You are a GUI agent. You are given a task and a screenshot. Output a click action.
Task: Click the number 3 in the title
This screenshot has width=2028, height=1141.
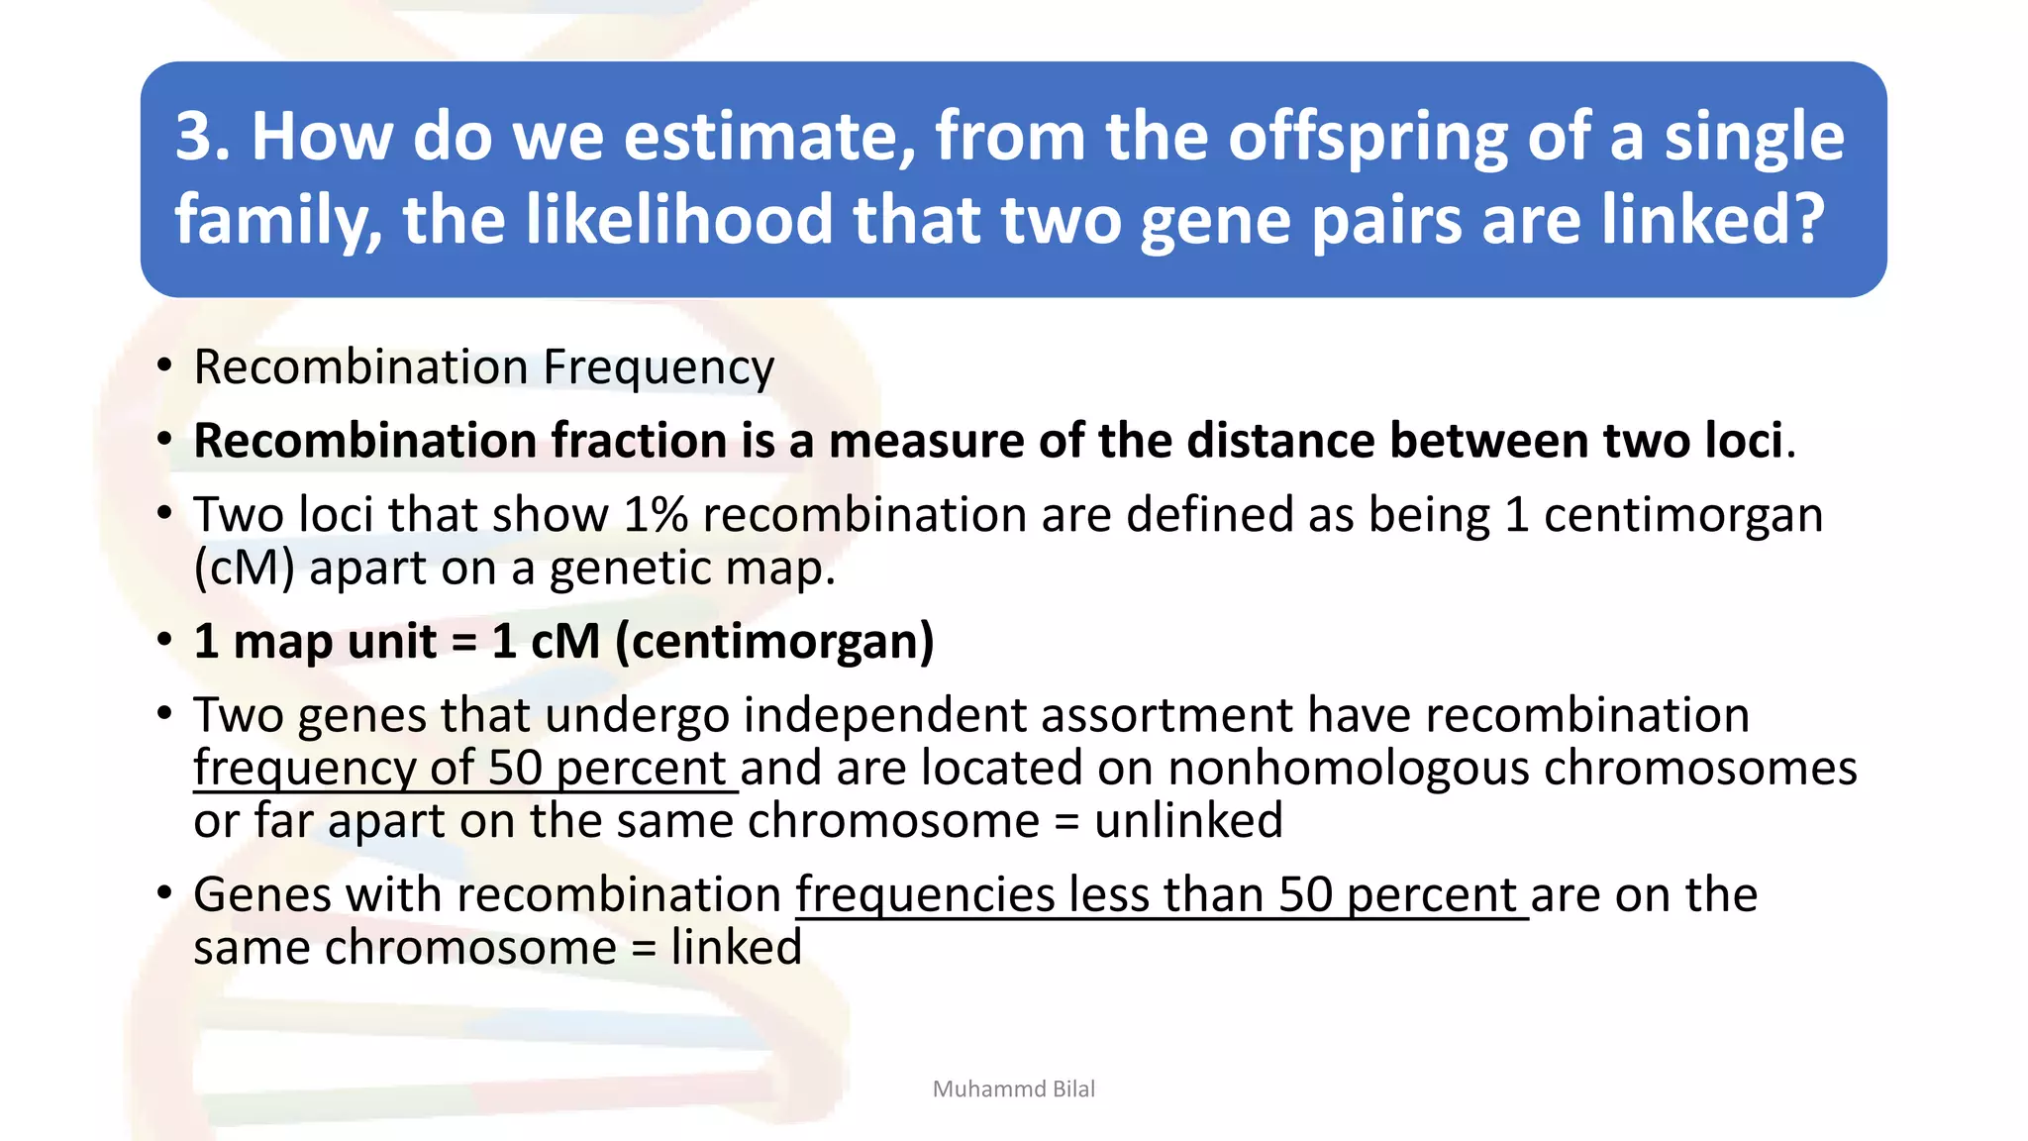coord(195,136)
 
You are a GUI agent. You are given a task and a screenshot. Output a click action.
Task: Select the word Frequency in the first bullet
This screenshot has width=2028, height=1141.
coord(659,368)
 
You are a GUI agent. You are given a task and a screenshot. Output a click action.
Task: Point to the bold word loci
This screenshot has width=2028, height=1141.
coord(1743,441)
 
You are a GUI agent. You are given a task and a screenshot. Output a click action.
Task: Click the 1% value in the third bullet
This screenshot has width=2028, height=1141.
coord(656,515)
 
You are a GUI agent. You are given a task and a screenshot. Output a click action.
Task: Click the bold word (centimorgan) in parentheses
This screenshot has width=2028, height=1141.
coord(774,642)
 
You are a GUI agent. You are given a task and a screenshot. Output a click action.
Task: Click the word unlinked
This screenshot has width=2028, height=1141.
coord(1188,821)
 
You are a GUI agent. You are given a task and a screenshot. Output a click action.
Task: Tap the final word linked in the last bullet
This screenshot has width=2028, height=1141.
coord(736,948)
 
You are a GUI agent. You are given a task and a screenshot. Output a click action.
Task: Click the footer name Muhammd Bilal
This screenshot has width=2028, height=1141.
coord(1013,1089)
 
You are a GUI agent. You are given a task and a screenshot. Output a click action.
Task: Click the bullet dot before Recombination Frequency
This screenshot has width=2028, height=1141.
coord(164,365)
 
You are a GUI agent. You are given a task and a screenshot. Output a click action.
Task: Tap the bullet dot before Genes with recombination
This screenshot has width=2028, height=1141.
coord(164,893)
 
